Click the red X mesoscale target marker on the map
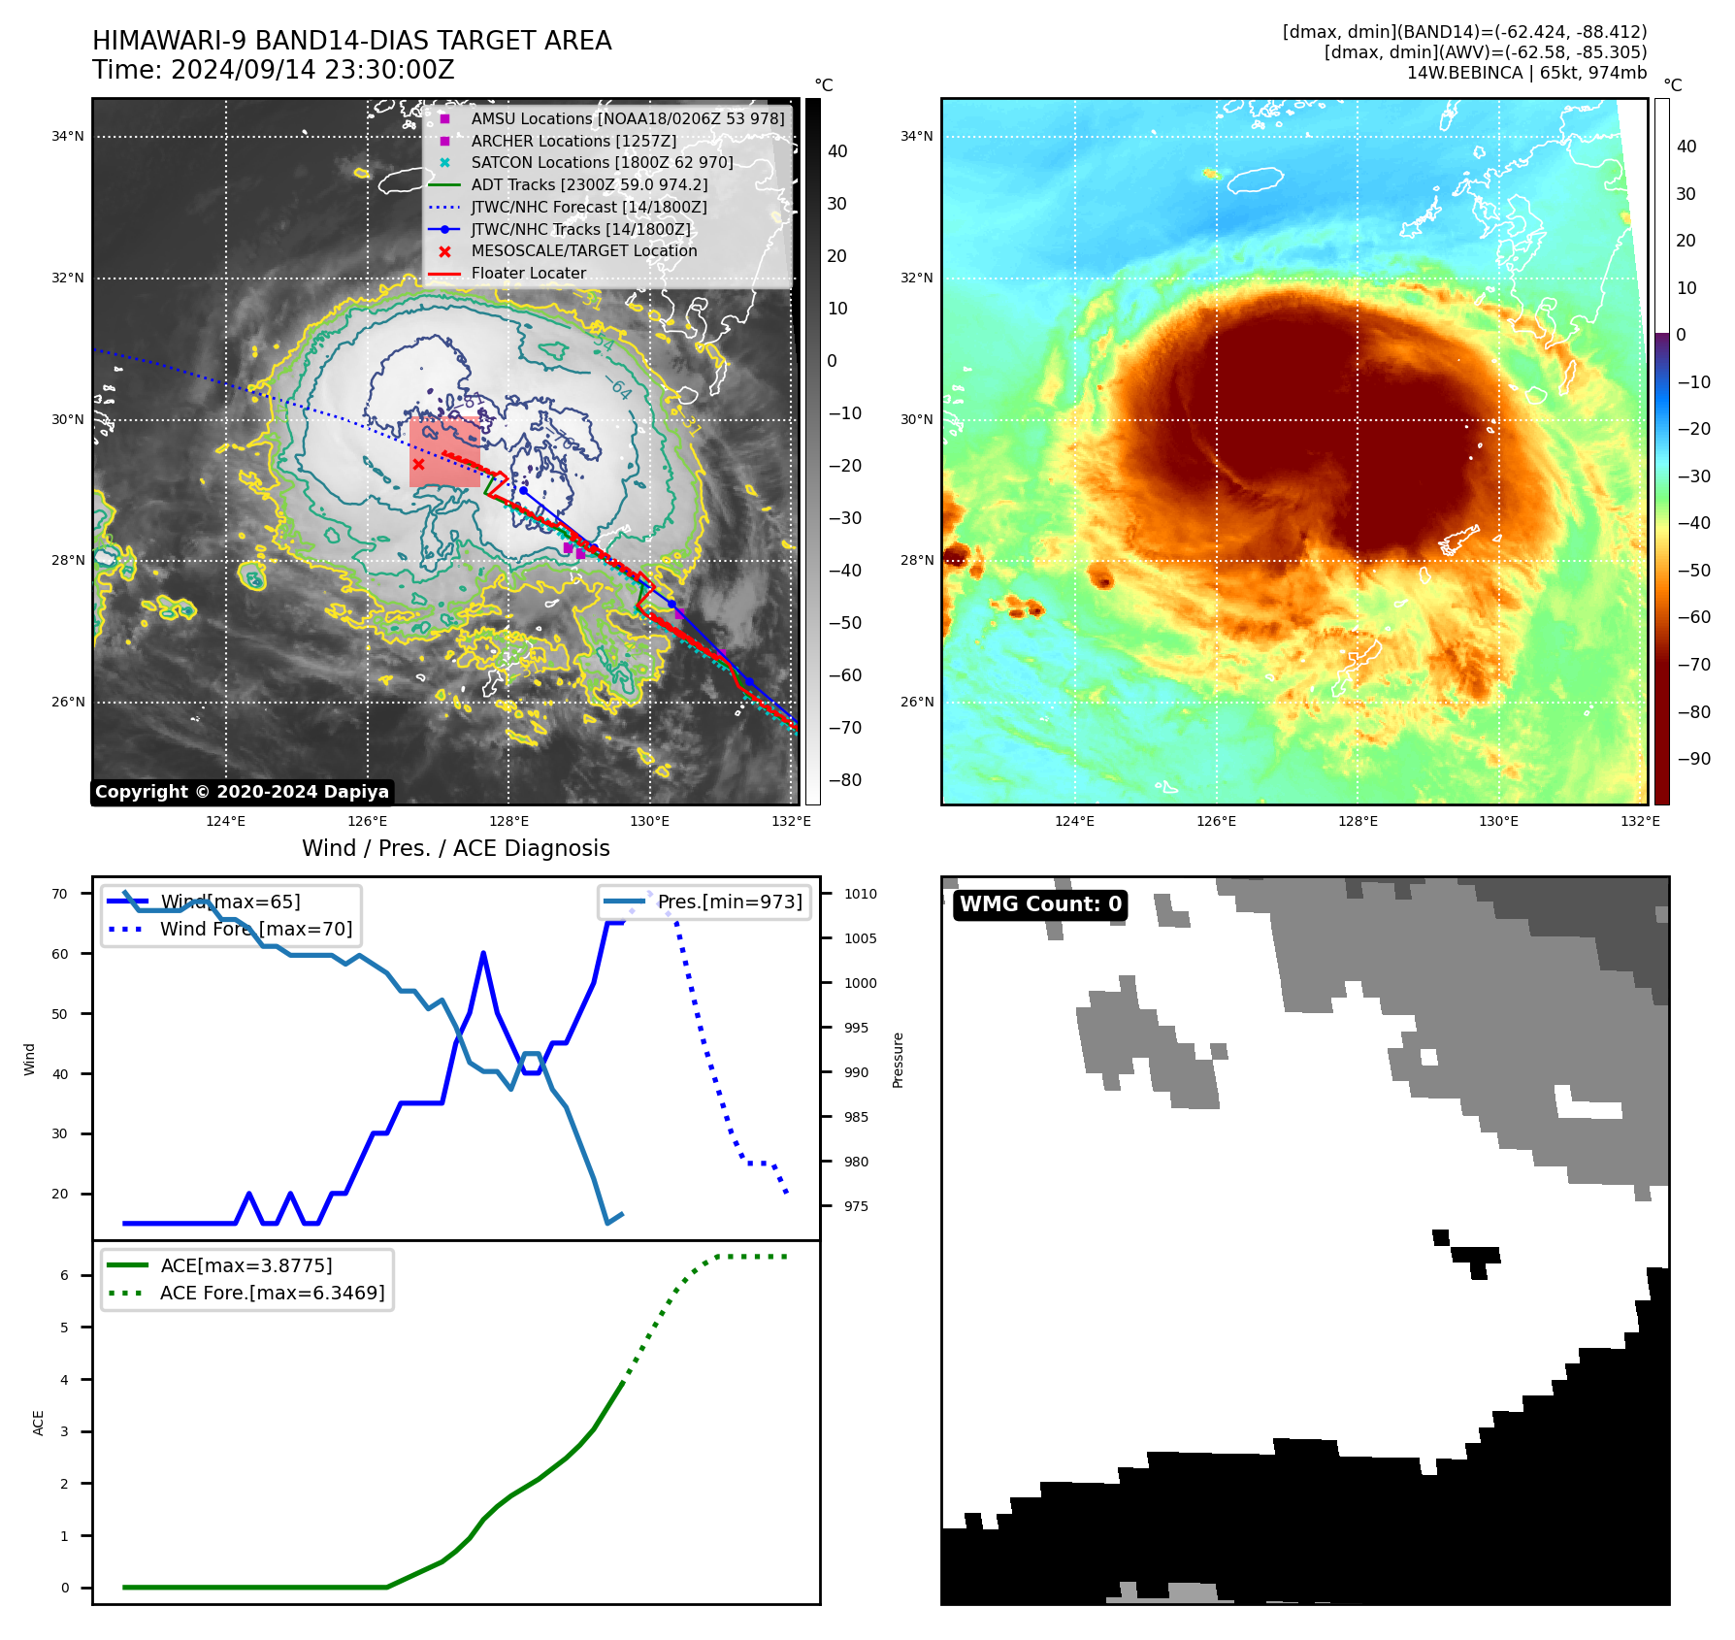(x=418, y=465)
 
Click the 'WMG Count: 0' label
(x=1040, y=904)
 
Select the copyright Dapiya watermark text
(x=242, y=792)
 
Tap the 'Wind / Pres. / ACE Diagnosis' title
(x=455, y=848)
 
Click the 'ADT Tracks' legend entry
(x=589, y=184)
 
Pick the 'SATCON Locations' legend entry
(x=602, y=162)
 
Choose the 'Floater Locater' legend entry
(x=528, y=273)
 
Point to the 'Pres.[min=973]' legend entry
(x=730, y=902)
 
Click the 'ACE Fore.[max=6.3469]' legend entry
(x=272, y=1293)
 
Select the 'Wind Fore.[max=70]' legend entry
(x=256, y=929)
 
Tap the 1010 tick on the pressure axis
(x=860, y=894)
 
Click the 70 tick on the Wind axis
(x=60, y=894)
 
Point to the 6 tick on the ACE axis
(x=65, y=1275)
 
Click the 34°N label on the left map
(x=68, y=137)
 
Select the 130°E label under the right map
(x=1498, y=822)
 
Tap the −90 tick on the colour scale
(x=1693, y=759)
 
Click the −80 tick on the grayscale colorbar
(x=844, y=780)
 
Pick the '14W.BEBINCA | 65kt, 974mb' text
(x=1526, y=73)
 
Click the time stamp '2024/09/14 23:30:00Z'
(x=312, y=70)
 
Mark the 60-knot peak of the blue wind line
(x=483, y=954)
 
